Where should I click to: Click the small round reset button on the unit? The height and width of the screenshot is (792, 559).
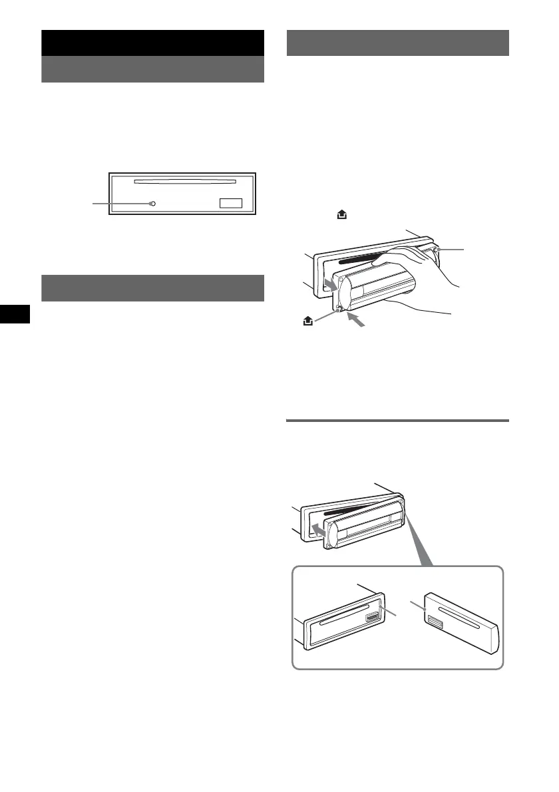pos(153,204)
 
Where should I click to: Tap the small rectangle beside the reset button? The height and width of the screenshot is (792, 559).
pos(232,204)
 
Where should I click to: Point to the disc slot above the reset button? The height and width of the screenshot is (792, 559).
pos(185,180)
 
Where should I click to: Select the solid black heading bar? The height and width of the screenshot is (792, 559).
pos(153,43)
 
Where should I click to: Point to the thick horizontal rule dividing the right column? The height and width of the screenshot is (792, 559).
pos(398,421)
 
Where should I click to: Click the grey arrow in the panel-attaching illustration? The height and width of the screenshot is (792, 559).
pos(319,530)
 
